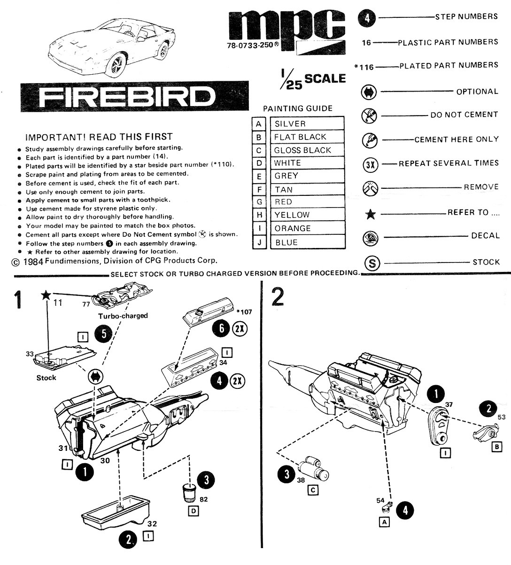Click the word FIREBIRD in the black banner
coord(127,97)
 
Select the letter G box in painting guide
coord(259,202)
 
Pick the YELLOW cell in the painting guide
coord(307,215)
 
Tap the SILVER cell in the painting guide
coord(307,124)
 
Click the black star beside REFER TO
coord(371,215)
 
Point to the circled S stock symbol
coord(372,263)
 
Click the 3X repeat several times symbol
coord(371,164)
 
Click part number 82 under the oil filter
coord(203,500)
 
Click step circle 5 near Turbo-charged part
coord(103,334)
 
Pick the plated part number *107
coord(244,311)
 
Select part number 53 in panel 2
coord(501,417)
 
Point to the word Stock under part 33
coord(46,378)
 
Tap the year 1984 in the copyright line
coord(33,261)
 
